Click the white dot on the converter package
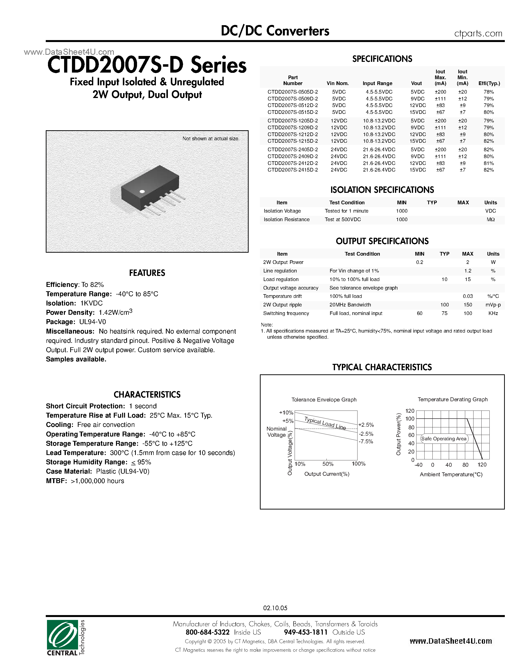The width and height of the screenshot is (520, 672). pos(142,191)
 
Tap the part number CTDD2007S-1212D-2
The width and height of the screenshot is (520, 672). pos(293,134)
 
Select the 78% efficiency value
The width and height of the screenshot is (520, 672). pos(489,92)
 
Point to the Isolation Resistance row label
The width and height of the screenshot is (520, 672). pos(287,219)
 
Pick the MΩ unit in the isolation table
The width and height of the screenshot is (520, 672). pos(490,219)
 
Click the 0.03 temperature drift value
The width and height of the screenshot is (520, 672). pos(468,296)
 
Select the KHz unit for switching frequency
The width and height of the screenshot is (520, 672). pos(493,313)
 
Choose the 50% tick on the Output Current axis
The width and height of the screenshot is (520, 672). pos(328,464)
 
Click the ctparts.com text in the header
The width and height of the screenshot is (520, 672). pos(478,33)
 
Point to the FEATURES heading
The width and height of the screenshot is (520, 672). pos(147,273)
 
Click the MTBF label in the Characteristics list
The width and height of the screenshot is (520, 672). pos(56,481)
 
